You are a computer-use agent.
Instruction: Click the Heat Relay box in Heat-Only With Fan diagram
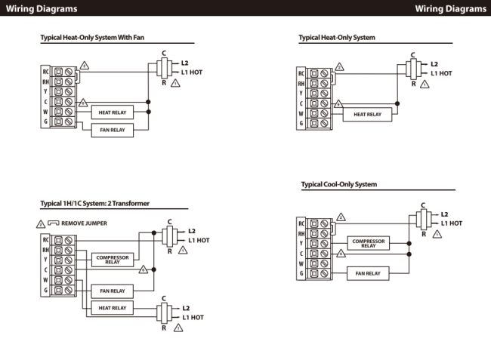pyautogui.click(x=111, y=112)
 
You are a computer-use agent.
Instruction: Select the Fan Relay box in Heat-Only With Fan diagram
pyautogui.click(x=112, y=130)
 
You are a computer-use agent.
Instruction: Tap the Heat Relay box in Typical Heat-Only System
pyautogui.click(x=368, y=115)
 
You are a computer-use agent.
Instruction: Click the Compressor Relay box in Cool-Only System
pyautogui.click(x=368, y=243)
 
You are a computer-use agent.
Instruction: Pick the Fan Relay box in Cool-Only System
pyautogui.click(x=368, y=273)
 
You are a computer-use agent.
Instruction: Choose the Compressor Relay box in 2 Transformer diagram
pyautogui.click(x=112, y=259)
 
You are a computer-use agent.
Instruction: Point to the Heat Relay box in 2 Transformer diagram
pyautogui.click(x=112, y=308)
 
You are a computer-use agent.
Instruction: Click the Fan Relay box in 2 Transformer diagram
pyautogui.click(x=112, y=290)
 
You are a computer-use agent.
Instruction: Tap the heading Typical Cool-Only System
pyautogui.click(x=338, y=184)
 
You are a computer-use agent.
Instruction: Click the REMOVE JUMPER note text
pyautogui.click(x=85, y=223)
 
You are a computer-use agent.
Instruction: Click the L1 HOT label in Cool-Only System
pyautogui.click(x=451, y=223)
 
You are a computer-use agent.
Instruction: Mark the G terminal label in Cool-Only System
pyautogui.click(x=301, y=273)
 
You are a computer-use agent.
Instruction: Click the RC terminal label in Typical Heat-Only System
pyautogui.click(x=301, y=73)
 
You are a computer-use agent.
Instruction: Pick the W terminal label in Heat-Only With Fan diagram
pyautogui.click(x=46, y=112)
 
